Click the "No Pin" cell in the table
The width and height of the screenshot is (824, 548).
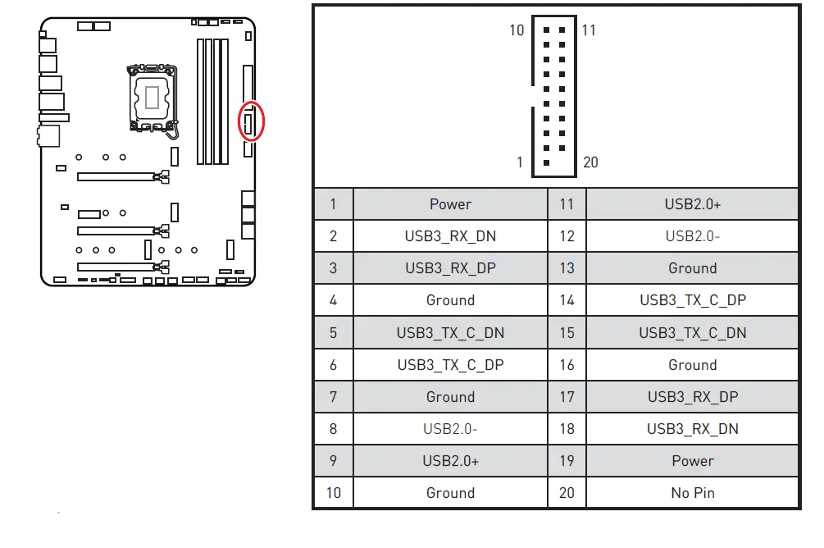coord(692,493)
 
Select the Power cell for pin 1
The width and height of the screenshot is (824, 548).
coord(450,204)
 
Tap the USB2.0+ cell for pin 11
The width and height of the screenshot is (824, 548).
coord(692,204)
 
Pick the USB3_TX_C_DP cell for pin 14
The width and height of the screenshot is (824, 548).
coord(692,300)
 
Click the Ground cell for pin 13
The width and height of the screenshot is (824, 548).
coord(692,268)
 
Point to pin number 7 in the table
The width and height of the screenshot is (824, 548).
coord(333,397)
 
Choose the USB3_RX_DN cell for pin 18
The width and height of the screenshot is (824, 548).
coord(692,429)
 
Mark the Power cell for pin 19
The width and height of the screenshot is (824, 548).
coord(692,461)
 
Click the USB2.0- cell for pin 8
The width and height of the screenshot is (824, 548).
coord(450,429)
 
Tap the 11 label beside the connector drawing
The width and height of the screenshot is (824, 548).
coord(589,30)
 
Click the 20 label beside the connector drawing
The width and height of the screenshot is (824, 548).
coord(590,162)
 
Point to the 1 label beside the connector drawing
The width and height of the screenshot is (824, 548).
coord(519,162)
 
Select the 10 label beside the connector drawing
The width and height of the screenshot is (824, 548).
coord(517,30)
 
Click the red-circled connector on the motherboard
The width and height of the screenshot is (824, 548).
coord(251,122)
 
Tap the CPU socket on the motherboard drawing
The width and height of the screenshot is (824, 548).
coord(154,97)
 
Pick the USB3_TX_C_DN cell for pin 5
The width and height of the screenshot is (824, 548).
coord(450,333)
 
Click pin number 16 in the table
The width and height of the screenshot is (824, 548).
coord(567,365)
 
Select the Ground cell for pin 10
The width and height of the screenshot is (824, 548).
coord(450,493)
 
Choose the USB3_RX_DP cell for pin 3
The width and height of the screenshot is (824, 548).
coord(450,268)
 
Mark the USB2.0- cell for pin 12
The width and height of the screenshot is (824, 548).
coord(692,236)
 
